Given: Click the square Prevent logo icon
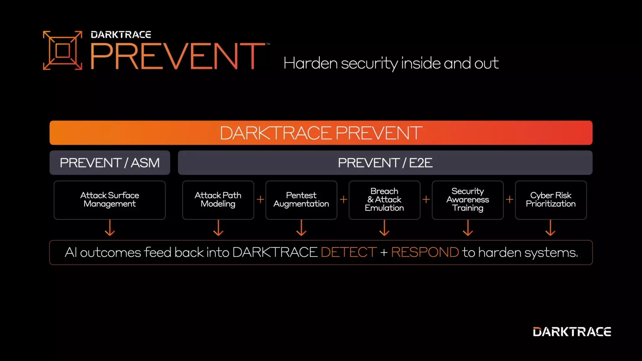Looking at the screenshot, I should point(62,50).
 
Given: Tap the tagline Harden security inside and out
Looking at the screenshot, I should point(391,63).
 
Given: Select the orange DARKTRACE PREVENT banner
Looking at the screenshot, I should point(321,133).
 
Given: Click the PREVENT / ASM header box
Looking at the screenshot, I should point(110,163).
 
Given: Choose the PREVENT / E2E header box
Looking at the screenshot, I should point(385,163).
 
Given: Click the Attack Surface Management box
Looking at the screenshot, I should point(110,200).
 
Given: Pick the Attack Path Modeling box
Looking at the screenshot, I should point(218,200).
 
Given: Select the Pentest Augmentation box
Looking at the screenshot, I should point(301,200).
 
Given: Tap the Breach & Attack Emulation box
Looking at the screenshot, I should point(384,200).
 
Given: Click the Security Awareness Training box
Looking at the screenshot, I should point(467,200).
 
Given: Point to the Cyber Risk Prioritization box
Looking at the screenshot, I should point(551,200).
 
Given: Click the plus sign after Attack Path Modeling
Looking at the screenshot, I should point(260,199).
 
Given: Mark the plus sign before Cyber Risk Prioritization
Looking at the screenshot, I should point(509,199).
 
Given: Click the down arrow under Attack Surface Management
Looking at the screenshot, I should point(110,228).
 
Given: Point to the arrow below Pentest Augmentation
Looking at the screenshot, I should point(301,228).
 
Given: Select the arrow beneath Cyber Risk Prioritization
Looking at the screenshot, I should point(550,228).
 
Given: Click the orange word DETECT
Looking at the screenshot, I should point(349,253).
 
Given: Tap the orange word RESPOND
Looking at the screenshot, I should point(425,253).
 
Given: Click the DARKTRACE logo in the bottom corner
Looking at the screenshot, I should point(572,332).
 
